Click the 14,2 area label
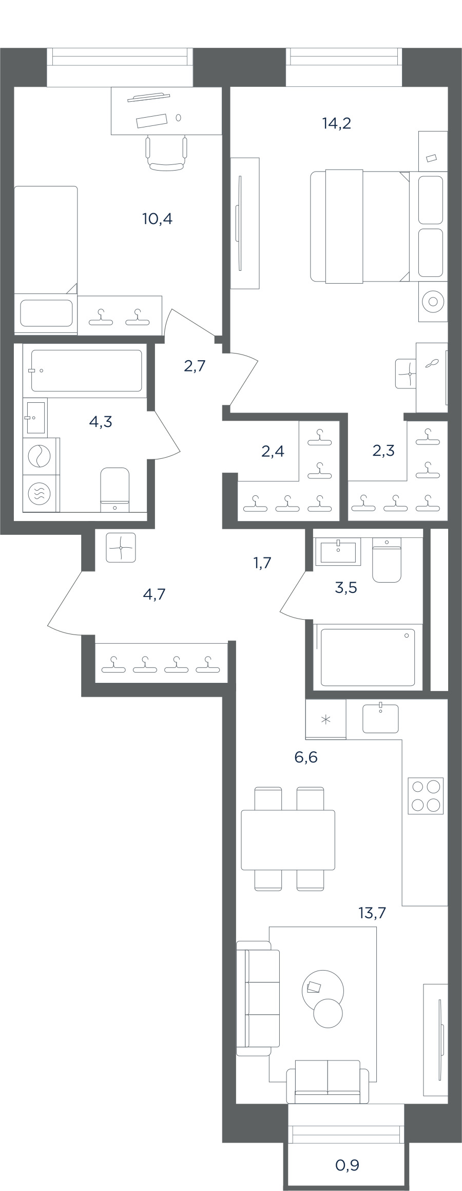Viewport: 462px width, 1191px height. coord(337,124)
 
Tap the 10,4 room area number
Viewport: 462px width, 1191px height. coord(157,219)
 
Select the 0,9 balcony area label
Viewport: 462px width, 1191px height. coord(347,1165)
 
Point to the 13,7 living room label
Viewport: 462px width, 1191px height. coord(372,913)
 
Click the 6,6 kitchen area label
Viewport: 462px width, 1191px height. coord(306,757)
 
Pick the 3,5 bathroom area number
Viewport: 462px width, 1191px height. coord(345,588)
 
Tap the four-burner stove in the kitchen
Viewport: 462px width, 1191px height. coord(426,796)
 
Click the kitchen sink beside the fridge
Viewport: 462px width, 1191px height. coord(380,718)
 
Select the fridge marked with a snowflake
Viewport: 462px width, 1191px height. coord(325,719)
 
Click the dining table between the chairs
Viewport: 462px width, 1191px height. coord(288,840)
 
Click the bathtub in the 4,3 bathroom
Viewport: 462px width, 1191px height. coord(86,370)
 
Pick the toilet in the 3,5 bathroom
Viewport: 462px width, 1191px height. coord(387,560)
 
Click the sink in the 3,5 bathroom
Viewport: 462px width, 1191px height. coord(338,551)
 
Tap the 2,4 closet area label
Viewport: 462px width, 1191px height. coord(273,452)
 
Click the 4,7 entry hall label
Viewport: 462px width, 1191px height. coord(155,594)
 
